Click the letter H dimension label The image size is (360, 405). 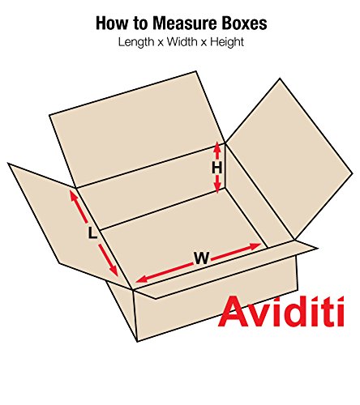coord(216,168)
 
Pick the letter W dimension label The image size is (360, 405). coord(200,259)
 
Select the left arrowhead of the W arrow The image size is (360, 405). coord(139,280)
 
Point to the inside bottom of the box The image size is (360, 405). coord(178,235)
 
